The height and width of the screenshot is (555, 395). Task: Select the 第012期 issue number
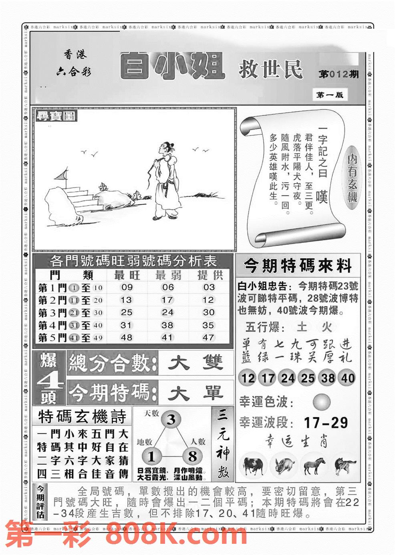click(339, 75)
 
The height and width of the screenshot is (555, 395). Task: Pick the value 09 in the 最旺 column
click(127, 287)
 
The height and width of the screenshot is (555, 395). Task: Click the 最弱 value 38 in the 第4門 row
click(167, 325)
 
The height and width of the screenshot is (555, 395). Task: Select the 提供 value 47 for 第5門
click(208, 337)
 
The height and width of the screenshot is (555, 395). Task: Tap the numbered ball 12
click(248, 378)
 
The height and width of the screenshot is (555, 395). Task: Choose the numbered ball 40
click(348, 378)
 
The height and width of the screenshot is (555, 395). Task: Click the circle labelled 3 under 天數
click(171, 420)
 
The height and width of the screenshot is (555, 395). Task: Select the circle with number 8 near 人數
click(192, 456)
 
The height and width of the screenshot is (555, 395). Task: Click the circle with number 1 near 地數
click(151, 456)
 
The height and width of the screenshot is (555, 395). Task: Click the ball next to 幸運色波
click(321, 401)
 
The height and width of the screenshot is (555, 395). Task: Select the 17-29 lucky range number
click(326, 423)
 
